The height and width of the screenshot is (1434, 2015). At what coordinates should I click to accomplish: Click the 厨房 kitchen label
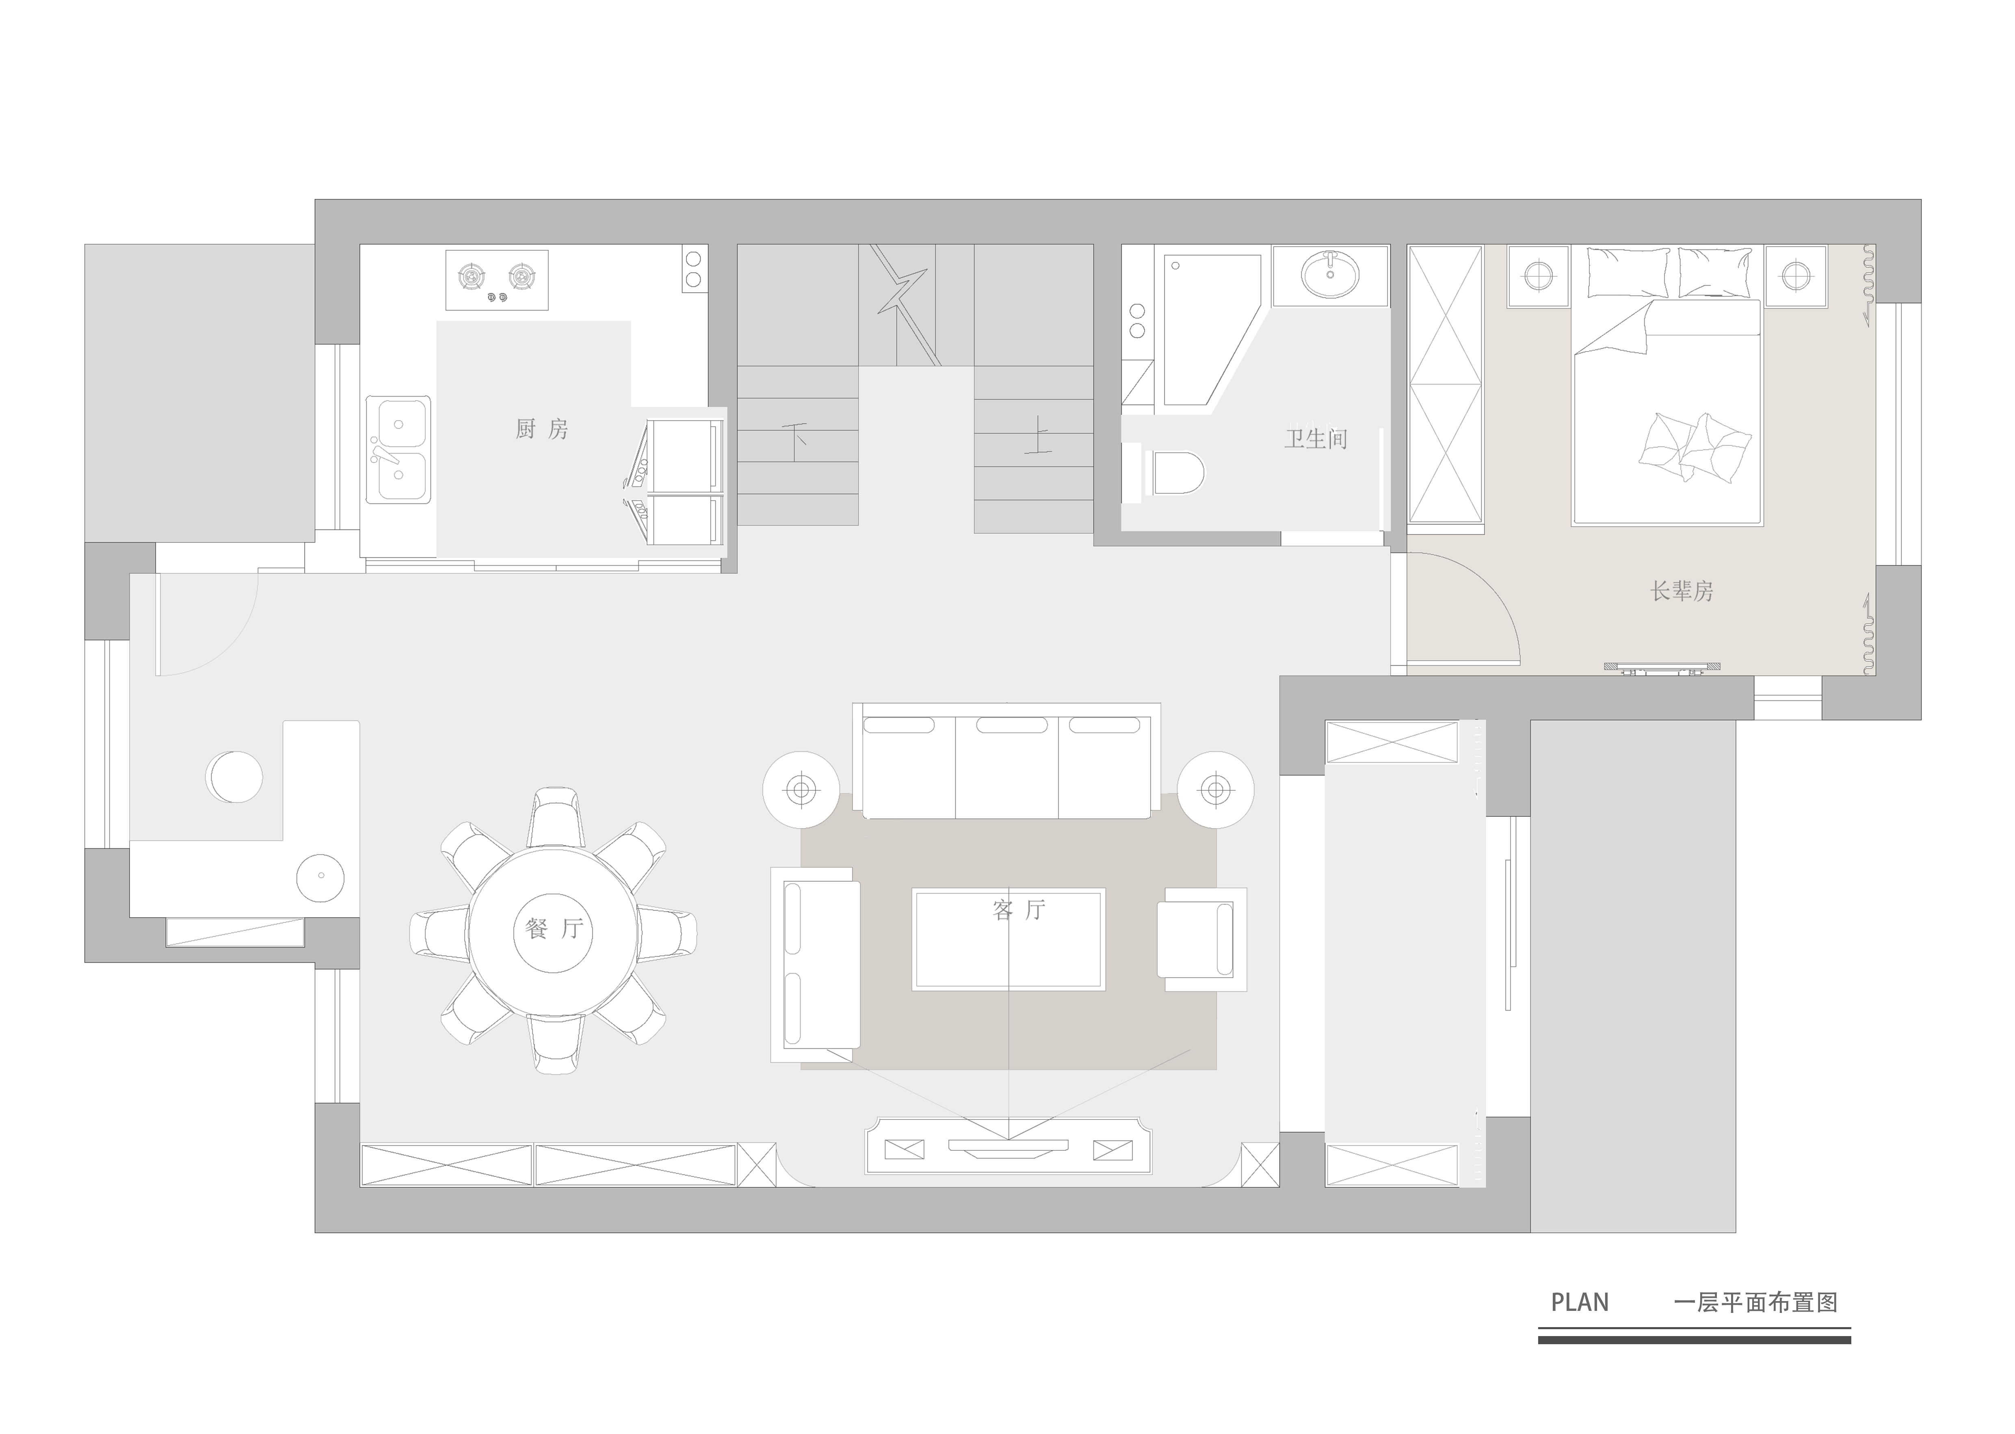542,429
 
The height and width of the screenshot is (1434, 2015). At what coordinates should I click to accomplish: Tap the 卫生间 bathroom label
1315,439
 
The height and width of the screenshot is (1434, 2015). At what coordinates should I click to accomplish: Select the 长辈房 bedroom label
1682,591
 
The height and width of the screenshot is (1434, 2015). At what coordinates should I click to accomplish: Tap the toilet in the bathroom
1175,473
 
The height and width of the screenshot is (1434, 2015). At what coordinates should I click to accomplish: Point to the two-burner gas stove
497,280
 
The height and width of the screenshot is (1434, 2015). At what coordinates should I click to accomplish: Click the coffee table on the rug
1008,939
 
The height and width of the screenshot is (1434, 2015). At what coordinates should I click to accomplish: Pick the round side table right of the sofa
1215,790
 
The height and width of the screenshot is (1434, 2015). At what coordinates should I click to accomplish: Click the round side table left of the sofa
801,790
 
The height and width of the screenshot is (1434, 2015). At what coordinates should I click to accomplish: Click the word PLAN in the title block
1580,1302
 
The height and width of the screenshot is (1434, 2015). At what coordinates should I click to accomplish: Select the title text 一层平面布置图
1755,1302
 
